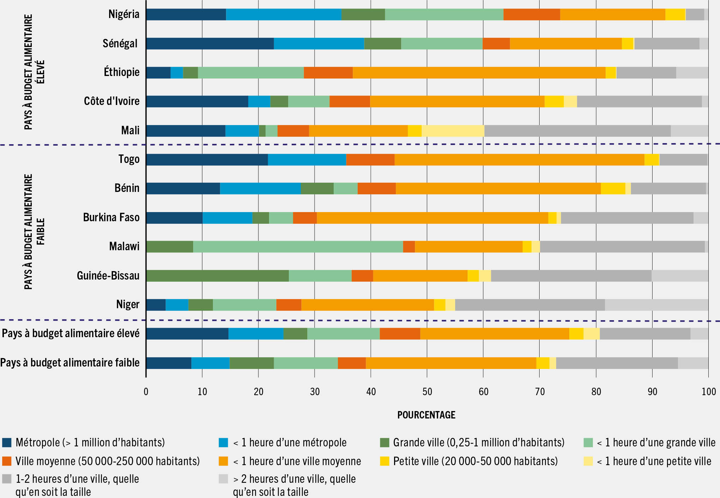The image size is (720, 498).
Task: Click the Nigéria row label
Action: click(x=124, y=14)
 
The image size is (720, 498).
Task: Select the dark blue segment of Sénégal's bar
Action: click(x=210, y=43)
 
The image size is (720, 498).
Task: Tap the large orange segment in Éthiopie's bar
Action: click(x=479, y=72)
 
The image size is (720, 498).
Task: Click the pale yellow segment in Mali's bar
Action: click(x=453, y=131)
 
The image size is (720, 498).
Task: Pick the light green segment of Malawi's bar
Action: click(x=298, y=247)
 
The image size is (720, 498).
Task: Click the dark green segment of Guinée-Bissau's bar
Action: click(x=217, y=276)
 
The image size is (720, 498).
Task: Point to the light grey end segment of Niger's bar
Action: click(x=656, y=305)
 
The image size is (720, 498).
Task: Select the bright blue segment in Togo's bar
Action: click(x=307, y=160)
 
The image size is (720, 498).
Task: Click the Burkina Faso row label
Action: click(x=111, y=217)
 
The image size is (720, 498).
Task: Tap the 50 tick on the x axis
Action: click(x=427, y=392)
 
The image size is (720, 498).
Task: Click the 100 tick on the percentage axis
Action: click(x=708, y=392)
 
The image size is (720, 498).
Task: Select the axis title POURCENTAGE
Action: click(x=426, y=415)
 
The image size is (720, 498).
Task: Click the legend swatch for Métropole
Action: click(x=7, y=443)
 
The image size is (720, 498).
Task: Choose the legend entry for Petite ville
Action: click(x=475, y=461)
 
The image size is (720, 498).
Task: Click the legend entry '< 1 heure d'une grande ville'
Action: click(x=655, y=443)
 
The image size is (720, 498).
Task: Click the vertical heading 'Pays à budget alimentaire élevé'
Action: click(x=34, y=72)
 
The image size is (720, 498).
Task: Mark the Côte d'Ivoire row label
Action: click(x=112, y=101)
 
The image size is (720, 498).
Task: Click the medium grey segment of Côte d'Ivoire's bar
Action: click(x=639, y=101)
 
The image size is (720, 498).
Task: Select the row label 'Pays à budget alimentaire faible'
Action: click(x=70, y=363)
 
